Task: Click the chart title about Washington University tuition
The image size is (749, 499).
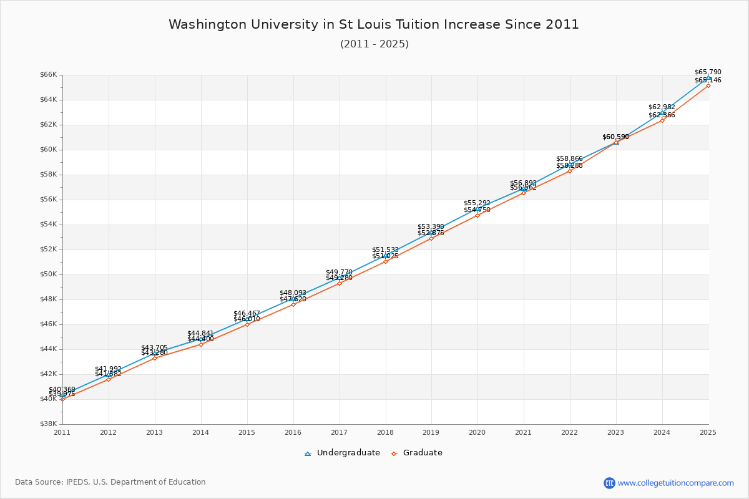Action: (374, 24)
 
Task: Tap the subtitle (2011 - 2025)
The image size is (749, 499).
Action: (374, 44)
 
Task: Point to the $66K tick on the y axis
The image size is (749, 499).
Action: (48, 75)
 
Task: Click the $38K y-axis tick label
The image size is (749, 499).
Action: (48, 424)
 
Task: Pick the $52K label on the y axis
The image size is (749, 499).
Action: (48, 249)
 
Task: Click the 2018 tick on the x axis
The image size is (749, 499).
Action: (385, 432)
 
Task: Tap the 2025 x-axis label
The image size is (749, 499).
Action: (708, 432)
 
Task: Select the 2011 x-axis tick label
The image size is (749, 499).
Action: (62, 432)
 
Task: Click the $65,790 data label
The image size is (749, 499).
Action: (708, 72)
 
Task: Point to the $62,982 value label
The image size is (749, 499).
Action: (662, 107)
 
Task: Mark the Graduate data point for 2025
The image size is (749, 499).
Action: (708, 85)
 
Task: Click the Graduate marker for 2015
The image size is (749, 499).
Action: (247, 324)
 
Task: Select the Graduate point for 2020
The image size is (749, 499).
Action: (477, 215)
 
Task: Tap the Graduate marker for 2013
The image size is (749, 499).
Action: (155, 358)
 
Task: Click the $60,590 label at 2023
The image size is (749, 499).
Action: (615, 137)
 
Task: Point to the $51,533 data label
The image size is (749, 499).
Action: (385, 249)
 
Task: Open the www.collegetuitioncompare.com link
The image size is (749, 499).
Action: (675, 483)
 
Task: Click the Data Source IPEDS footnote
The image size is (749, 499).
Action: (110, 482)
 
